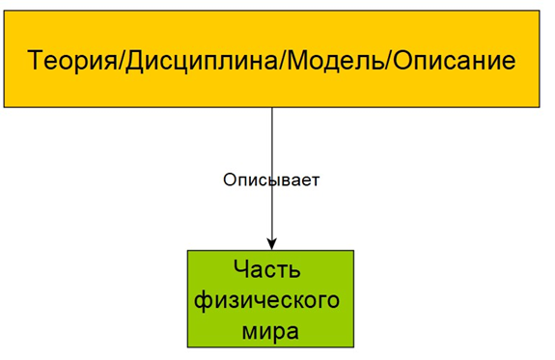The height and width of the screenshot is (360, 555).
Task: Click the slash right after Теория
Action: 117,61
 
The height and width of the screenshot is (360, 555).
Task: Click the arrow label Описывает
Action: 271,180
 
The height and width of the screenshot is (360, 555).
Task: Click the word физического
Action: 267,299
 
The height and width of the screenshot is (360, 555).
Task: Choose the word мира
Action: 269,331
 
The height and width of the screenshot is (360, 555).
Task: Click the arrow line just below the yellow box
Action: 272,121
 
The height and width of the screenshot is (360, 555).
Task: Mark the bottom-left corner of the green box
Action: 188,347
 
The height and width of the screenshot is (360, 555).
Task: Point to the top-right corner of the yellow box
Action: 539,12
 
